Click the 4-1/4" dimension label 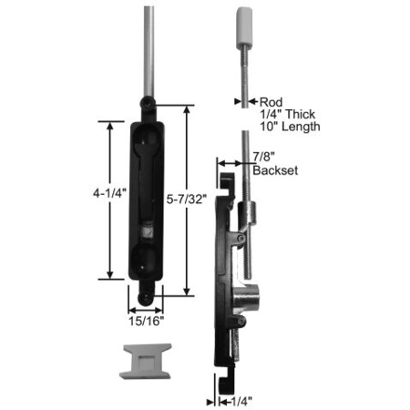click(x=109, y=193)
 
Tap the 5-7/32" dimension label click(x=187, y=200)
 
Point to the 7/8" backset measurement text click(x=263, y=157)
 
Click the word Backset click(x=275, y=170)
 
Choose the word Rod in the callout click(x=271, y=102)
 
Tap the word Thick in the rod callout click(x=300, y=114)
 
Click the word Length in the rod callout click(x=301, y=127)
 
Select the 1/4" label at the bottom click(x=241, y=402)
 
